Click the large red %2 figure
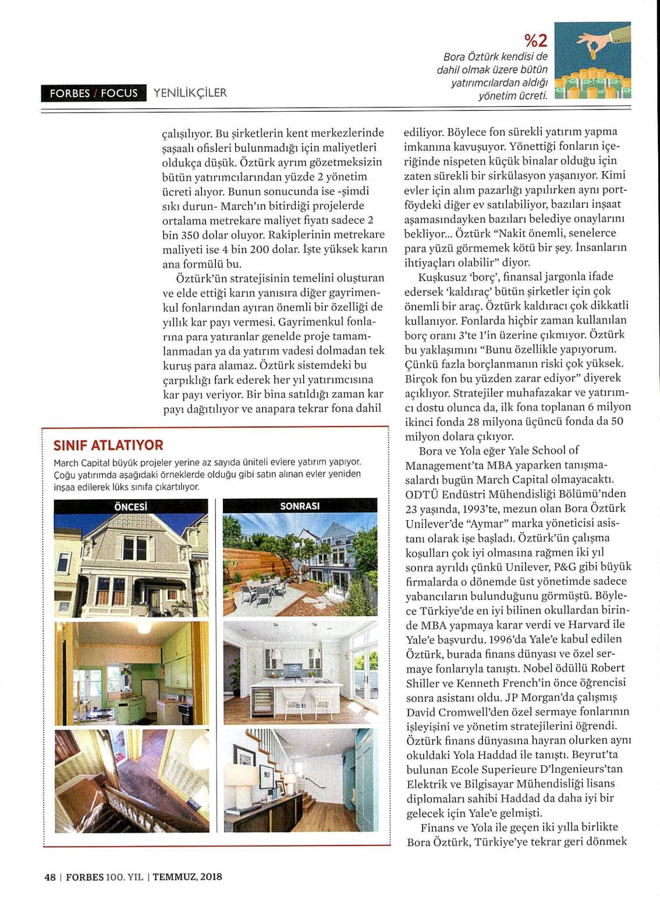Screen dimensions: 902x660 [536, 41]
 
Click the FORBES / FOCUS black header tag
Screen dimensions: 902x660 [93, 93]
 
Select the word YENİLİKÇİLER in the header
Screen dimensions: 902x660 [190, 93]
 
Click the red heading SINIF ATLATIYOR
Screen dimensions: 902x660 [108, 445]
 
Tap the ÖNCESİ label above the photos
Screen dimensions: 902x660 [130, 506]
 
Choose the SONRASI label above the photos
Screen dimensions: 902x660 [300, 506]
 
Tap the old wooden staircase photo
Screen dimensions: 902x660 [130, 780]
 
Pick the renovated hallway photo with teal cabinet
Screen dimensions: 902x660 [300, 780]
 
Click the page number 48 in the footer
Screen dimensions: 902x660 [49, 876]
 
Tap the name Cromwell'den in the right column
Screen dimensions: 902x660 [466, 712]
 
